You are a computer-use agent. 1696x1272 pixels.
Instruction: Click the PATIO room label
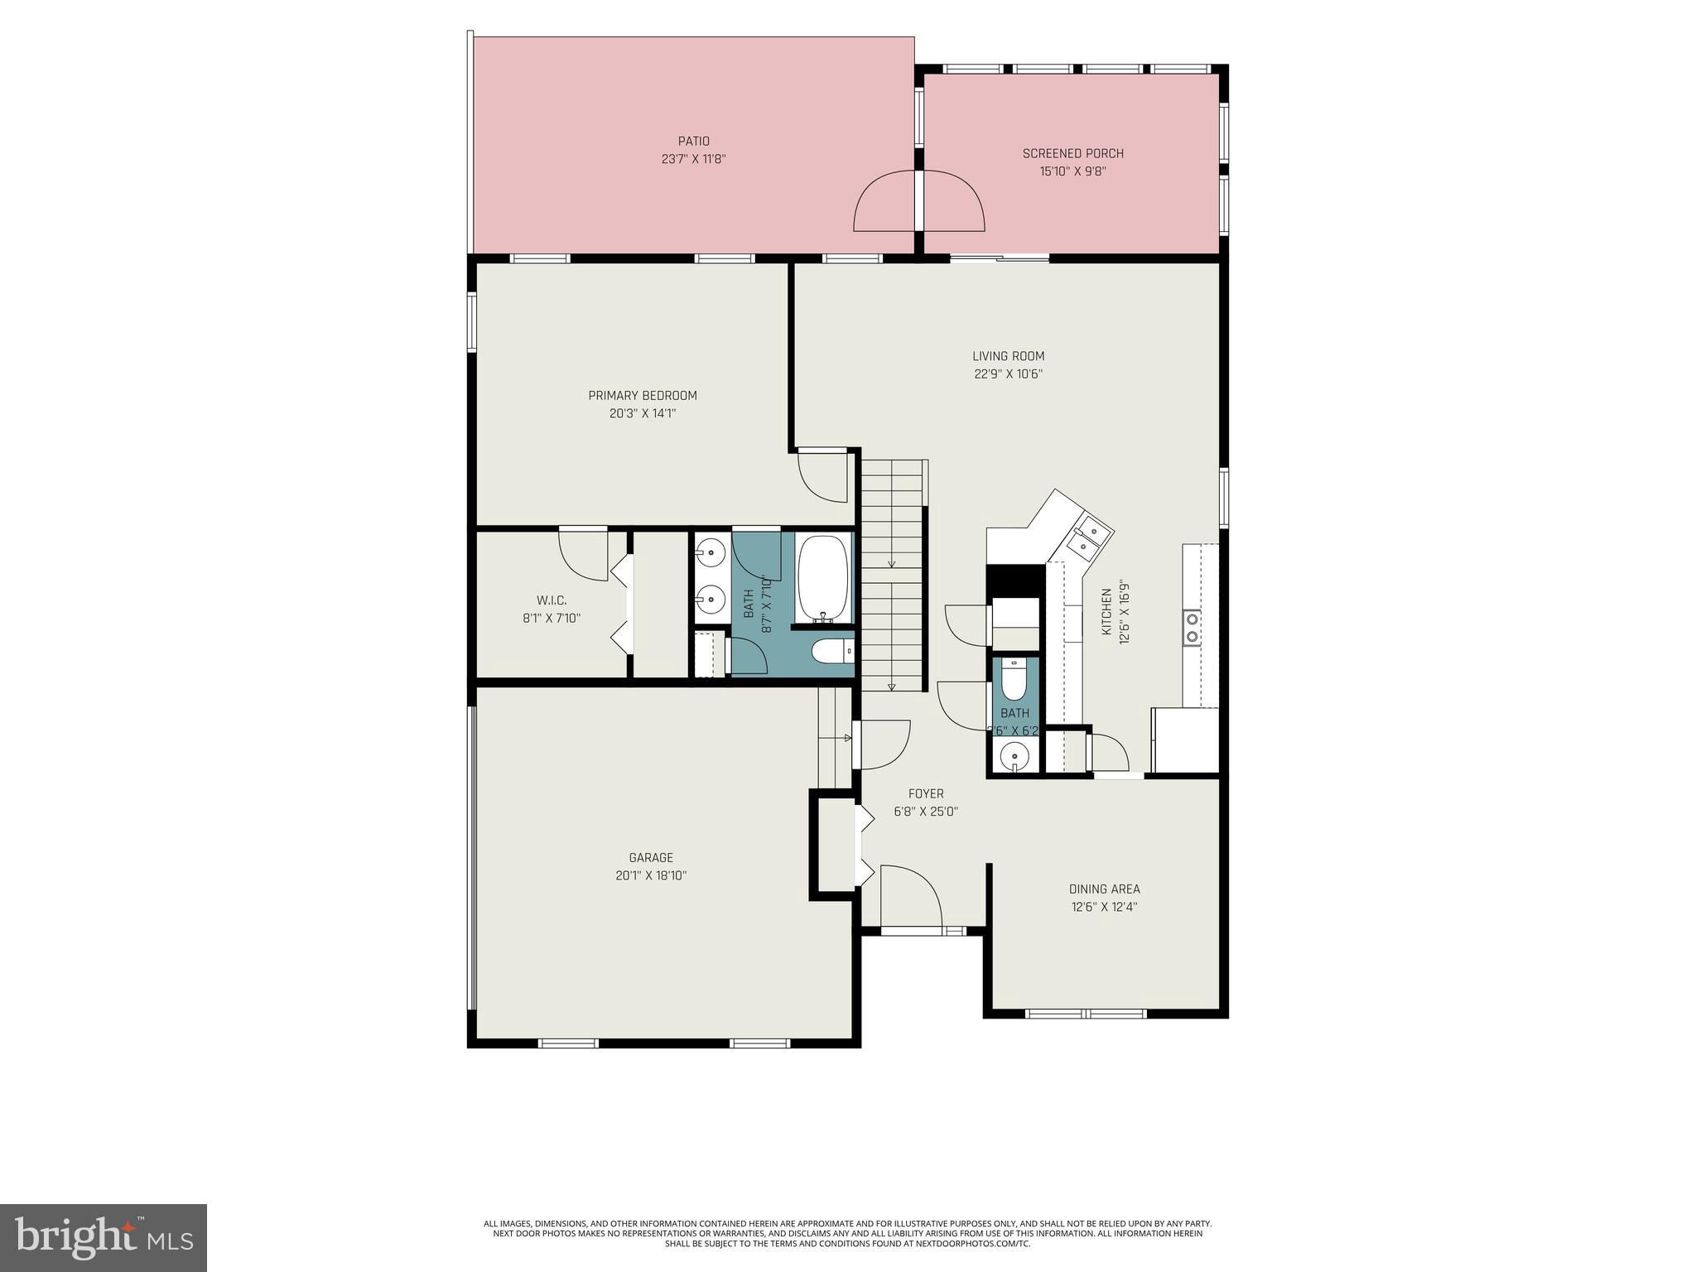(x=693, y=142)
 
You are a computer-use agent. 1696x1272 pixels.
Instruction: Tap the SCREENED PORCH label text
(x=1072, y=153)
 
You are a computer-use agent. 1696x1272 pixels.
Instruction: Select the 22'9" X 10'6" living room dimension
(x=1008, y=373)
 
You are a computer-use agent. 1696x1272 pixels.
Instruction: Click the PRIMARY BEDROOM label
(x=643, y=395)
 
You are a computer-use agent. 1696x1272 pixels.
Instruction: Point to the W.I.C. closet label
(x=551, y=600)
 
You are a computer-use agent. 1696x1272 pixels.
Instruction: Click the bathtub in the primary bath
(x=823, y=579)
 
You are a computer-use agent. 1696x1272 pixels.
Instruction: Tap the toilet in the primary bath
(x=831, y=652)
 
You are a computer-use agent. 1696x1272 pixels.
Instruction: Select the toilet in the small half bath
(x=1014, y=678)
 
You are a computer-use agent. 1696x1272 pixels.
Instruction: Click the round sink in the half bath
(x=1014, y=755)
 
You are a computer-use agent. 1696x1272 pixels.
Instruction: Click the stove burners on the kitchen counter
(x=1192, y=627)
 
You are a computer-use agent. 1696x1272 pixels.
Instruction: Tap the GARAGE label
(x=651, y=858)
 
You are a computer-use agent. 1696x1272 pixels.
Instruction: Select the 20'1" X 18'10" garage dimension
(x=651, y=875)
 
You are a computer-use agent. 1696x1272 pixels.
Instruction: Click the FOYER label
(x=925, y=793)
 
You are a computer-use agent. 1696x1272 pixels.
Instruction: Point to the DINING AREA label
(x=1104, y=889)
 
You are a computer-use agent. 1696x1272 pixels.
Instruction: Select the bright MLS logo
(x=104, y=1237)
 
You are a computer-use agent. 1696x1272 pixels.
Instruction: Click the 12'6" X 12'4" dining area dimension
(x=1104, y=907)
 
